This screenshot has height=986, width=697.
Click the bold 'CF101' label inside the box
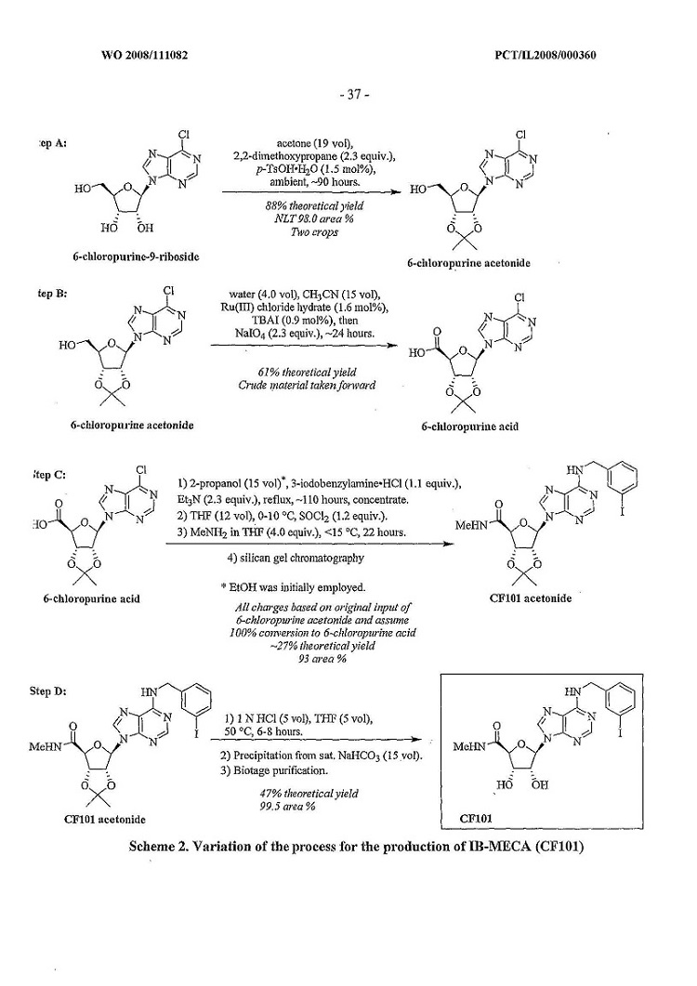(476, 821)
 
